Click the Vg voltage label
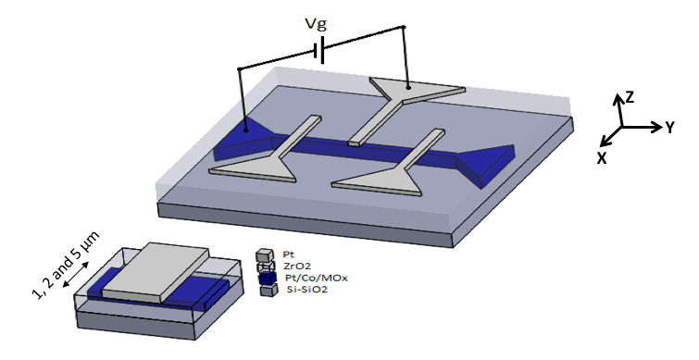[x=316, y=24]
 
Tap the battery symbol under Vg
[x=319, y=50]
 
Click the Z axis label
[x=630, y=97]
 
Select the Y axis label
[x=669, y=128]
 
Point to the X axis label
[x=602, y=157]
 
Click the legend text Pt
[x=288, y=254]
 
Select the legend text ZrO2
[x=297, y=266]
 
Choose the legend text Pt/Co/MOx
[x=317, y=278]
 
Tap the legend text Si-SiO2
[x=306, y=290]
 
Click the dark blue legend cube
[x=268, y=279]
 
